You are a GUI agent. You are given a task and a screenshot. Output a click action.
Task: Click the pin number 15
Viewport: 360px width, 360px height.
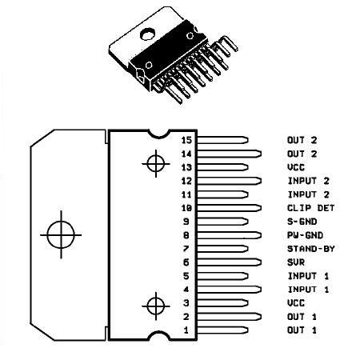coord(186,140)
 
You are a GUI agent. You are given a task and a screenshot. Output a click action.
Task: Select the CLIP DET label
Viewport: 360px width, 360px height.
coord(310,208)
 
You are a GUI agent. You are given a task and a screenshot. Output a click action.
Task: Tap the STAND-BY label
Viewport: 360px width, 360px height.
coord(310,249)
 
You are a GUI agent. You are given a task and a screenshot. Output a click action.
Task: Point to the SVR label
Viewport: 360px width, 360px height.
coord(296,262)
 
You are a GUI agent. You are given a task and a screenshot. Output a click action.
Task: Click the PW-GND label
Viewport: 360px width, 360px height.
coord(305,235)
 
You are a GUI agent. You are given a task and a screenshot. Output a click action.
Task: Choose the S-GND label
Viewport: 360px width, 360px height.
coord(302,222)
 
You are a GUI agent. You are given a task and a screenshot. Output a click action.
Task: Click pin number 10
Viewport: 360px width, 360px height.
coord(186,208)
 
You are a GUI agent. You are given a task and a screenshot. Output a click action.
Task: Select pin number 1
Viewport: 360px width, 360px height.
coord(186,330)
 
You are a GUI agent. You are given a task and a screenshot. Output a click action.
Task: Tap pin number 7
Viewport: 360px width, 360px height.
coord(186,249)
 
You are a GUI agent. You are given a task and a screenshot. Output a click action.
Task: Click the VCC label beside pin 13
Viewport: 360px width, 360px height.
coord(296,167)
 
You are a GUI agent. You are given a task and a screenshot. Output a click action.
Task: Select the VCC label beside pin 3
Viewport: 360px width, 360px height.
coord(296,303)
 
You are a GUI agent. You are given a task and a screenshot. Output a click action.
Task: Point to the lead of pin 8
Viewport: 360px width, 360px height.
coord(230,235)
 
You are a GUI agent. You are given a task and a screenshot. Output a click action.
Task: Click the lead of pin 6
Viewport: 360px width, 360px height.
coord(230,262)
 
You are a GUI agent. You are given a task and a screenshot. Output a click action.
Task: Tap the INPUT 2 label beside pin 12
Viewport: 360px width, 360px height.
coord(309,181)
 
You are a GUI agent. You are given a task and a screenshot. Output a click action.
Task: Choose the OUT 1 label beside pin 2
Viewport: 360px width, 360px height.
coord(302,317)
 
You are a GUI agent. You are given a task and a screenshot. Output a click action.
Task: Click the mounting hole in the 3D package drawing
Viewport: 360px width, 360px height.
coord(147,34)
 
